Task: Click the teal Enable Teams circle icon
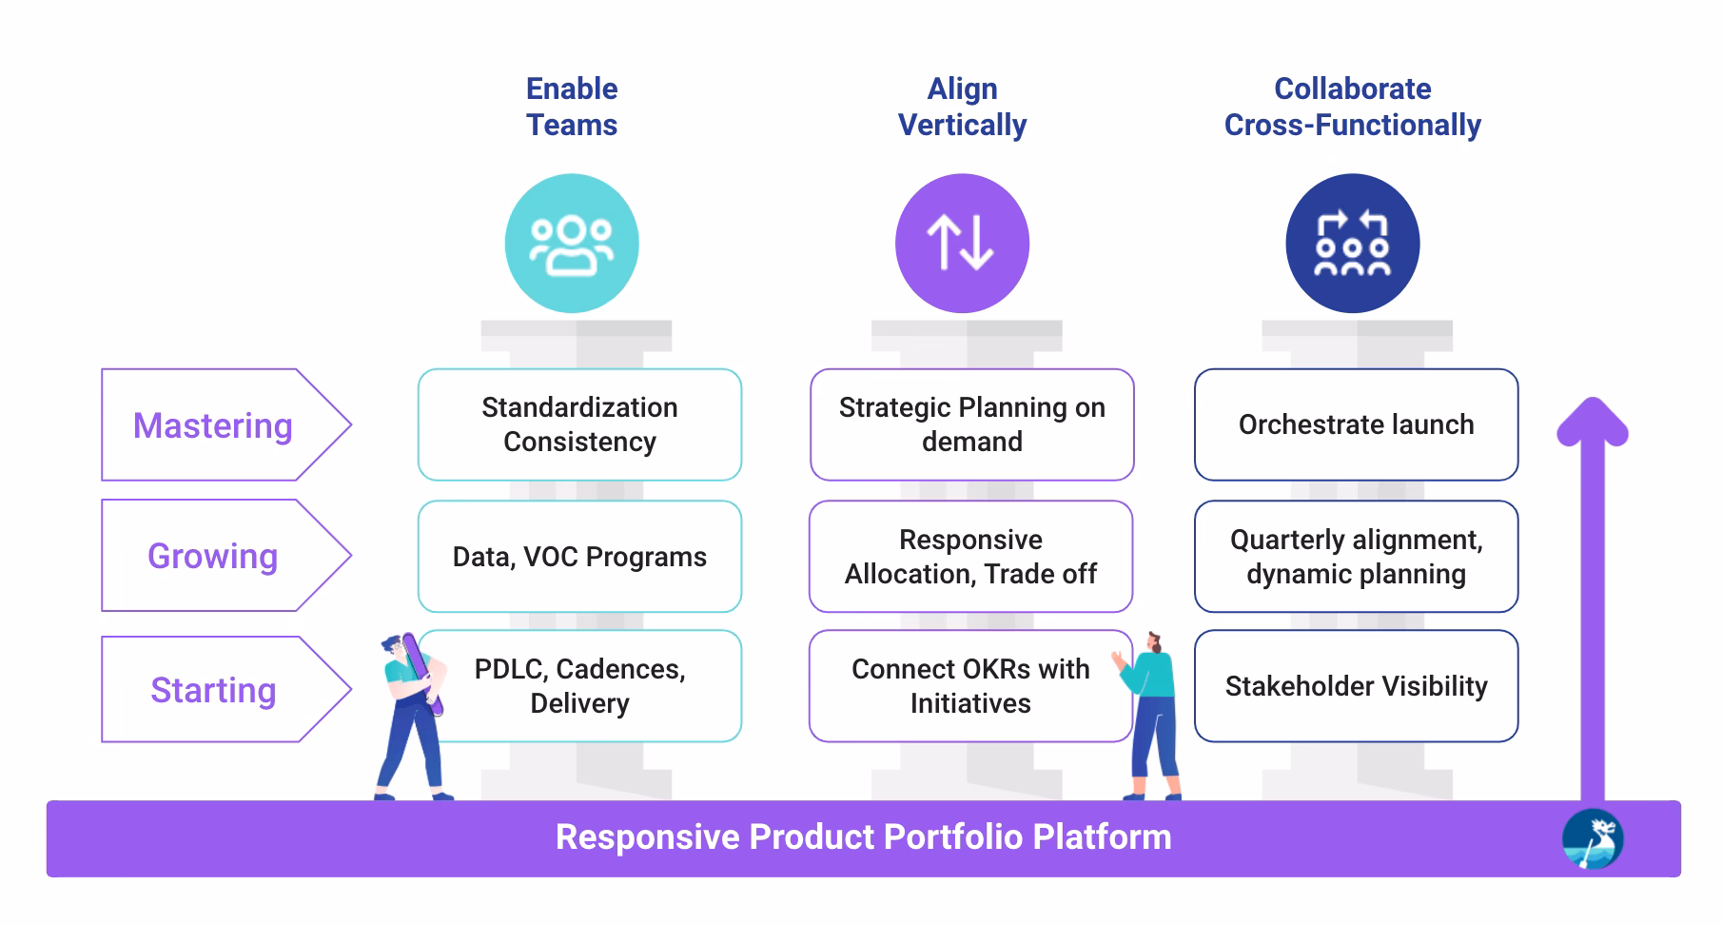tap(572, 244)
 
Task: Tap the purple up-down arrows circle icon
tap(962, 244)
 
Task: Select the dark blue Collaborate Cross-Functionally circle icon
tap(1352, 244)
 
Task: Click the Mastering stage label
tap(214, 425)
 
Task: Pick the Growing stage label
tap(214, 556)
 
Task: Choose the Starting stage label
tap(214, 690)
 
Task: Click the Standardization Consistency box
tap(579, 424)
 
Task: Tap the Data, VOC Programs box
tap(579, 557)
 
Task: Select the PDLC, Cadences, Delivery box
tap(579, 686)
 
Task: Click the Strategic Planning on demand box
tap(971, 424)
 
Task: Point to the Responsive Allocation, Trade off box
tap(970, 557)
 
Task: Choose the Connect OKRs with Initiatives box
tap(970, 686)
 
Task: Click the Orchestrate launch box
tap(1356, 424)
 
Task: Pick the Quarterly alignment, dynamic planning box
tap(1356, 557)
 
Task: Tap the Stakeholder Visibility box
tap(1356, 686)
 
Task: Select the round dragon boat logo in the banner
tap(1592, 839)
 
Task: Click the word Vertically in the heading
tap(962, 125)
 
